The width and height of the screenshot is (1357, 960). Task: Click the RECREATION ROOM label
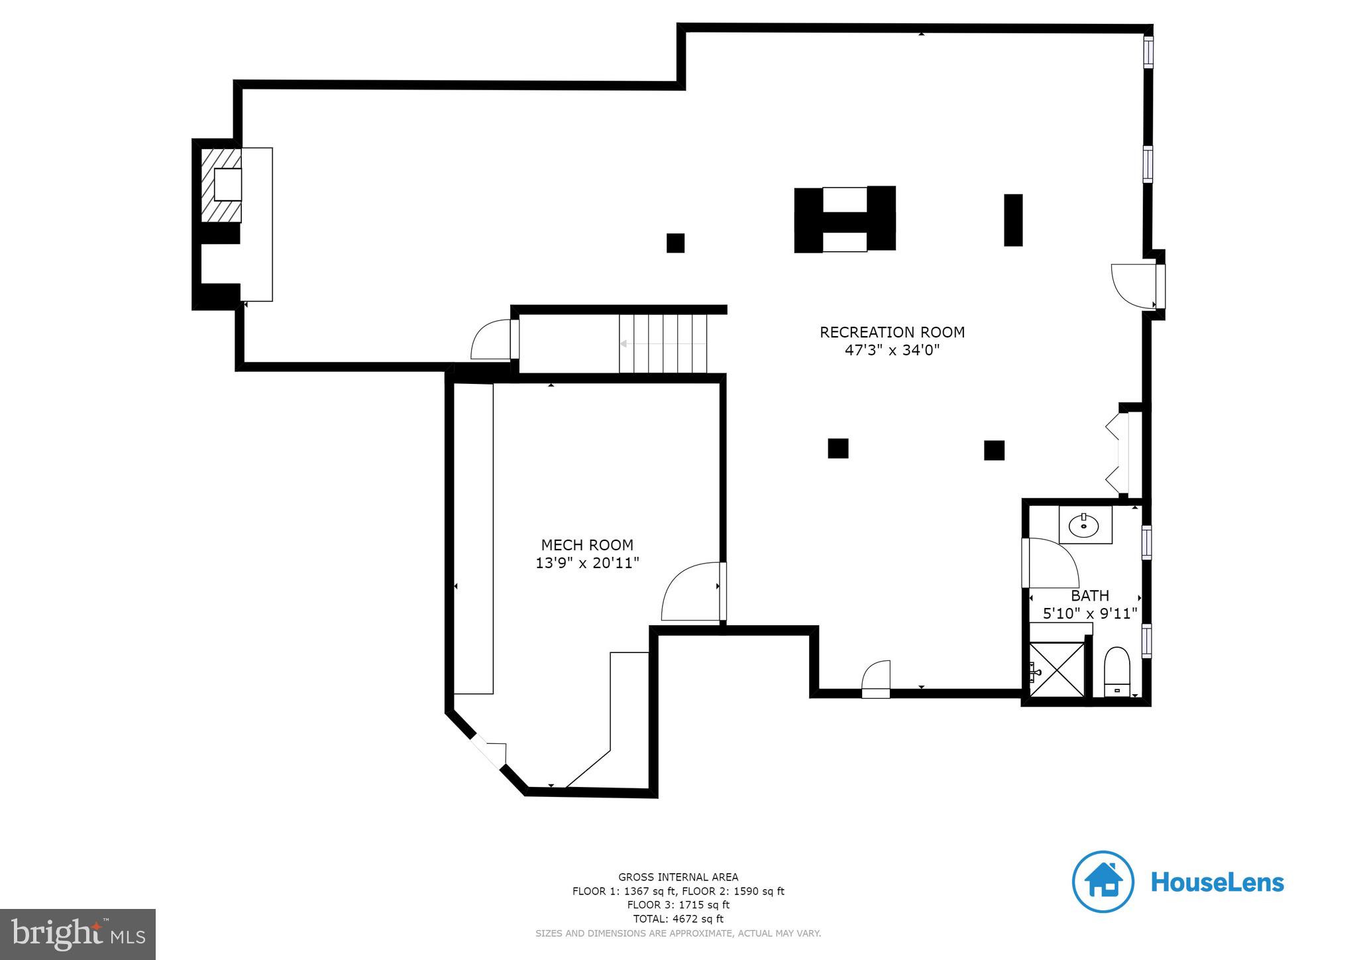pyautogui.click(x=892, y=332)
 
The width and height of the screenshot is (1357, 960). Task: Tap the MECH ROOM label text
pyautogui.click(x=587, y=545)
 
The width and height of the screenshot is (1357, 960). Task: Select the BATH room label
pyautogui.click(x=1090, y=595)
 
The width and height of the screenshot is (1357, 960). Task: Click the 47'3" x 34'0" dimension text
pyautogui.click(x=892, y=350)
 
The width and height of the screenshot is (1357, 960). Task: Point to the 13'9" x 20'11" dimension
pyautogui.click(x=587, y=564)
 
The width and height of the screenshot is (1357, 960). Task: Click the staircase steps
pyautogui.click(x=663, y=343)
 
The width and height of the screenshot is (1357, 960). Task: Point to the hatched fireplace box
pyautogui.click(x=221, y=185)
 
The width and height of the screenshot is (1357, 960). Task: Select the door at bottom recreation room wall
pyautogui.click(x=876, y=679)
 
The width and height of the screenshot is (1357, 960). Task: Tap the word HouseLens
pyautogui.click(x=1217, y=882)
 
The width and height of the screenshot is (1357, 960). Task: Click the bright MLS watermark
pyautogui.click(x=78, y=934)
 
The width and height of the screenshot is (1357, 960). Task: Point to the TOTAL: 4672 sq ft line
pyautogui.click(x=678, y=919)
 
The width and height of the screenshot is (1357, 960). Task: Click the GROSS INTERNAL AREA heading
pyautogui.click(x=678, y=877)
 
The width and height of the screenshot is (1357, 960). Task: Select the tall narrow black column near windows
pyautogui.click(x=1012, y=220)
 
